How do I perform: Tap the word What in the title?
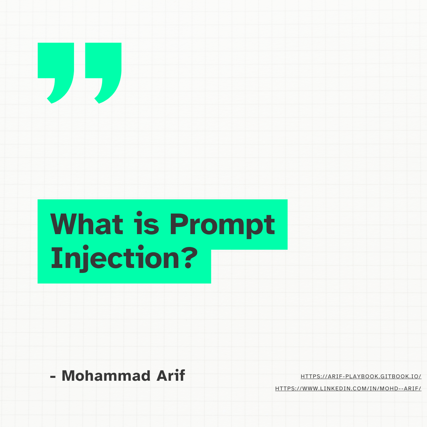[86, 224]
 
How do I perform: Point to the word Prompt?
[222, 226]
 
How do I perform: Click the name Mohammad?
[106, 376]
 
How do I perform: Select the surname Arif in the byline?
[171, 376]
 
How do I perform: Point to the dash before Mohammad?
[53, 377]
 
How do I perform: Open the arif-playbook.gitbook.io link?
[361, 376]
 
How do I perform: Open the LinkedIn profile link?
[348, 389]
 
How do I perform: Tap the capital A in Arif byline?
[163, 376]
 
